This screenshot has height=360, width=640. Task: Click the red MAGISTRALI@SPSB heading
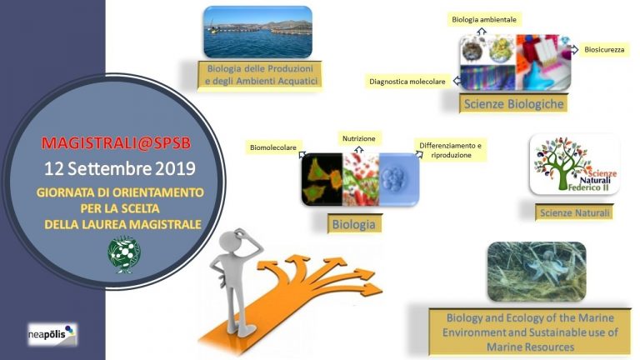pos(116,142)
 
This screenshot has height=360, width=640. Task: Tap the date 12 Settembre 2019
pos(120,168)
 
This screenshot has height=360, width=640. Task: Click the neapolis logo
pos(52,335)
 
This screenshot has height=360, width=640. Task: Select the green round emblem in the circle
pos(124,254)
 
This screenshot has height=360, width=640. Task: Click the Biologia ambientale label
pos(484,19)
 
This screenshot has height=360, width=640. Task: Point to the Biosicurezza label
pos(604,50)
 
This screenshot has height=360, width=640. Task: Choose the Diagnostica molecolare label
pos(407,82)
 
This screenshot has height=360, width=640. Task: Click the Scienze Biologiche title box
pos(513,103)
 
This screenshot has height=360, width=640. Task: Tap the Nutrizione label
pos(359,138)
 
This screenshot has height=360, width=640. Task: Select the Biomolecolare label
pos(273,147)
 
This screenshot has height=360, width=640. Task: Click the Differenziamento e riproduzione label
pos(451,150)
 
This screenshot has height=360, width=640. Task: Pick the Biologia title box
pos(354,224)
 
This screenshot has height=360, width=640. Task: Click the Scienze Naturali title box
pos(574,212)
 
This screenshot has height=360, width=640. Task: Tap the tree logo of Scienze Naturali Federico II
pos(575,164)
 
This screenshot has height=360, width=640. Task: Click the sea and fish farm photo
pos(258,32)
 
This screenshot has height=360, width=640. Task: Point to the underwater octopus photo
pos(537,272)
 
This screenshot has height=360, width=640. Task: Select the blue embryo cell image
pos(399,180)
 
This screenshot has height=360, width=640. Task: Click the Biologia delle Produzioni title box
pos(260,75)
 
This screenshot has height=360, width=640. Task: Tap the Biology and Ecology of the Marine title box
pos(530,332)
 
